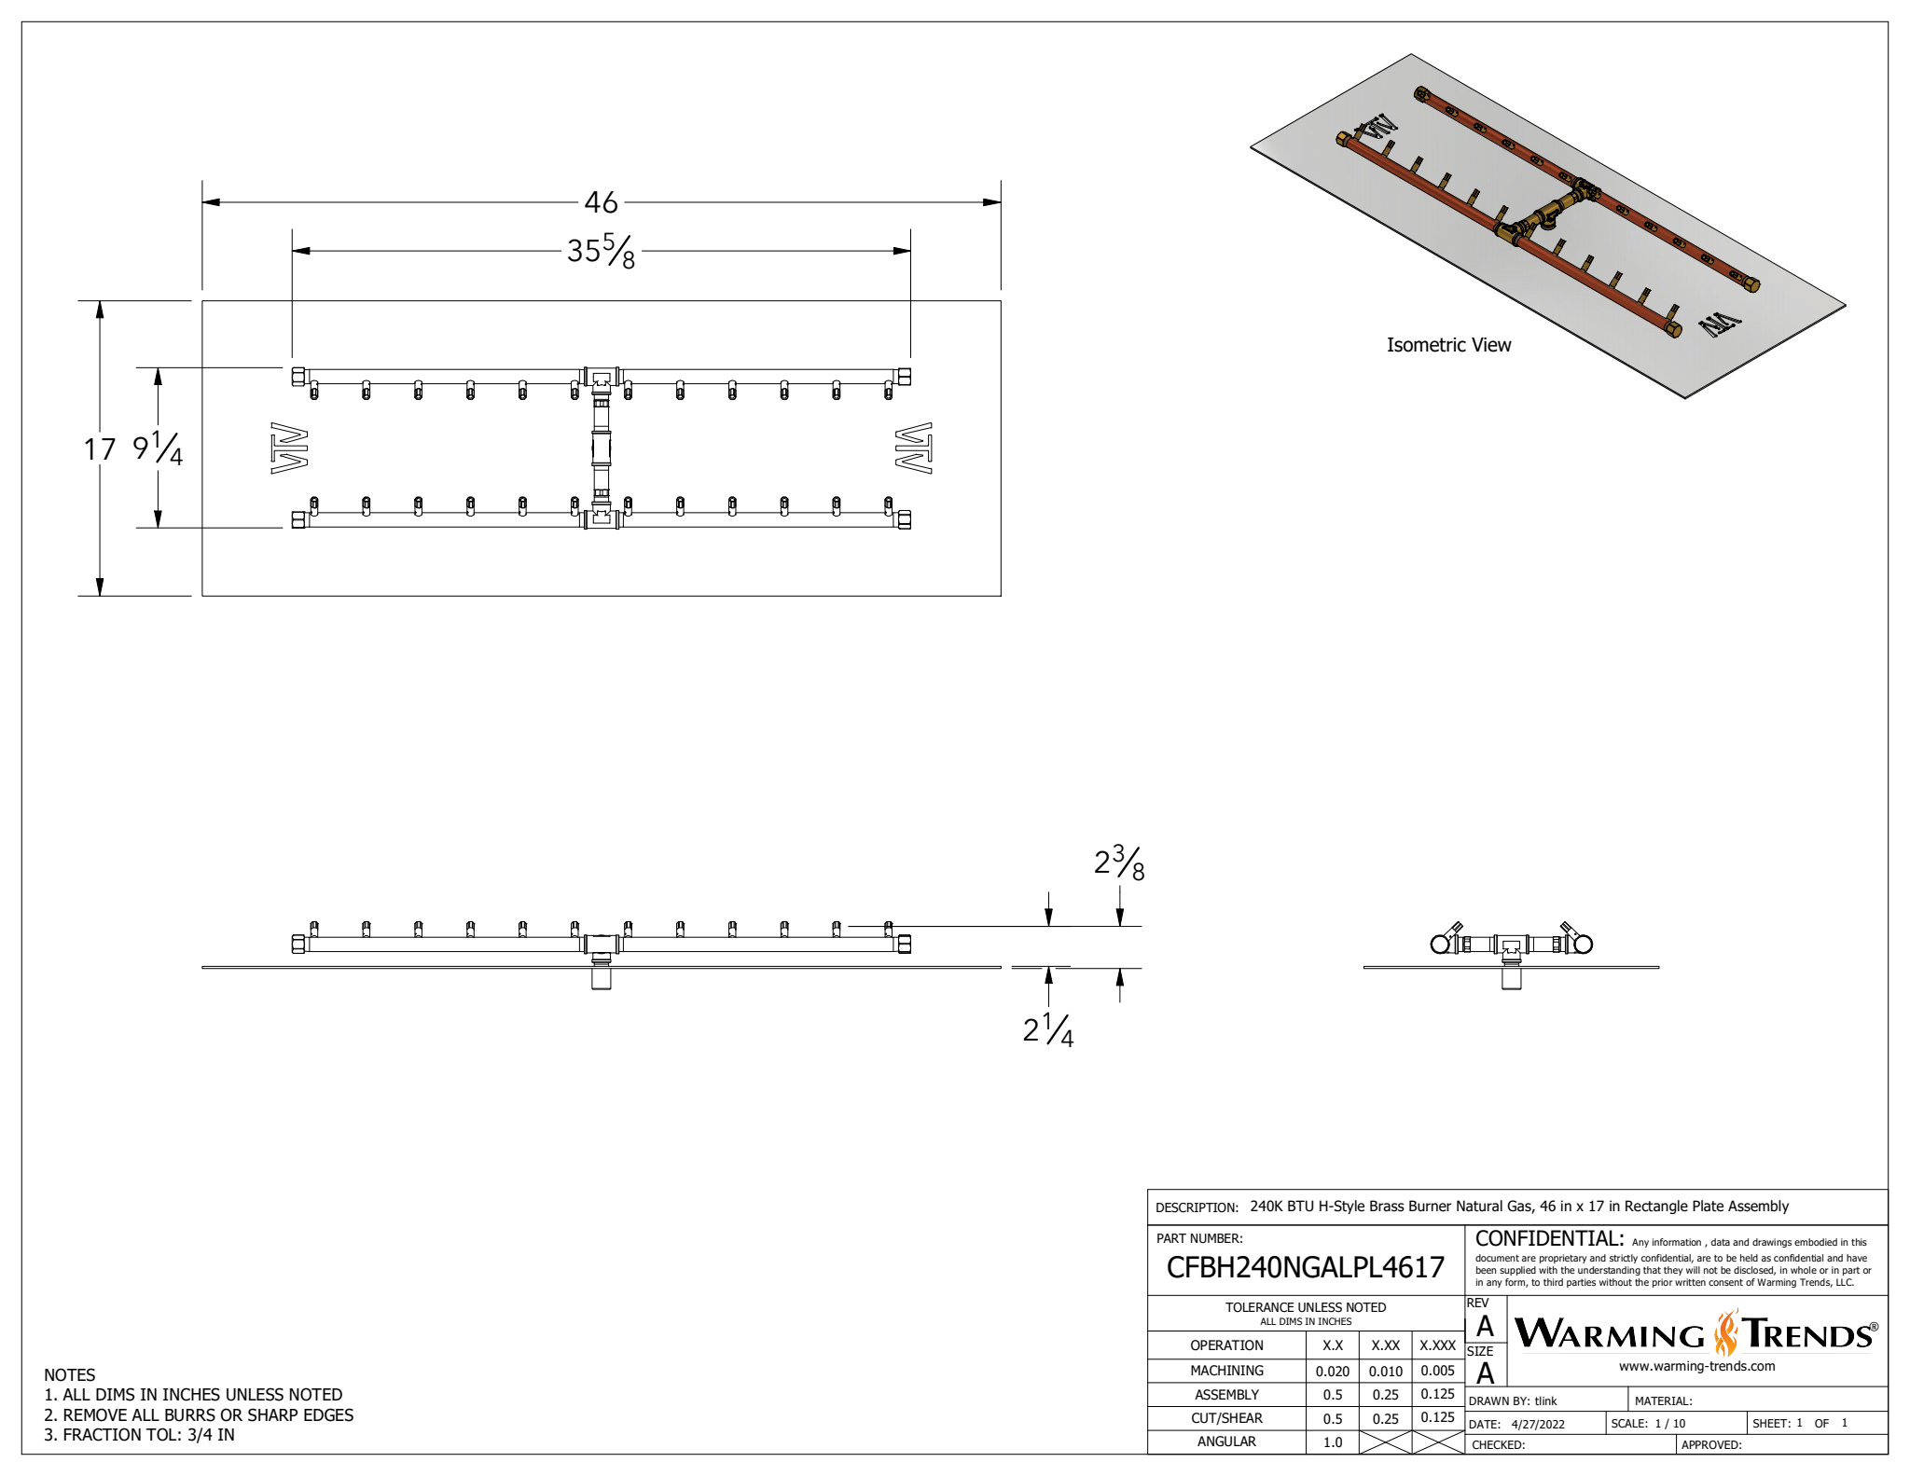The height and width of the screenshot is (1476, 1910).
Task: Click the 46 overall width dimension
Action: coord(601,202)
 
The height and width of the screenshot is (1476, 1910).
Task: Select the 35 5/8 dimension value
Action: coord(601,251)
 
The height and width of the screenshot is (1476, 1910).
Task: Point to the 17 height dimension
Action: coord(100,449)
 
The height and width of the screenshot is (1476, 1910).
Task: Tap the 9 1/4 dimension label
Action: coord(158,448)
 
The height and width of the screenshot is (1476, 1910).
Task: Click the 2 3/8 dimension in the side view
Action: coord(1119,863)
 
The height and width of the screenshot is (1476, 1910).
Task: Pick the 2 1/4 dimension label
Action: coord(1048,1029)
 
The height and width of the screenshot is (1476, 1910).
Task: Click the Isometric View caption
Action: coord(1448,345)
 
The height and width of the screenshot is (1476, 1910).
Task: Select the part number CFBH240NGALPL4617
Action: coord(1305,1267)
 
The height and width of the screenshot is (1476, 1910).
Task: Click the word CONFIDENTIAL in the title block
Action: coord(1549,1239)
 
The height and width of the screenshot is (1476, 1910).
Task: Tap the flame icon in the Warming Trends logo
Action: coord(1726,1332)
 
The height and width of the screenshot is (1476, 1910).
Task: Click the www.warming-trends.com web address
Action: coord(1696,1366)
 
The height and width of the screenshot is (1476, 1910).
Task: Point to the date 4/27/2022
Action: coord(1538,1424)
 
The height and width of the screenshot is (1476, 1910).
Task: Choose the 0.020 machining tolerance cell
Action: coord(1333,1371)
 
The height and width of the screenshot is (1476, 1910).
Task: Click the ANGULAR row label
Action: coord(1226,1442)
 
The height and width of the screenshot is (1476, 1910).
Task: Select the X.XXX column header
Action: coord(1437,1345)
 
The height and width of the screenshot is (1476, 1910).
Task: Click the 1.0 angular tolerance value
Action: coord(1333,1442)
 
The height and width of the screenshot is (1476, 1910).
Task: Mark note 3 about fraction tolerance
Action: coord(140,1435)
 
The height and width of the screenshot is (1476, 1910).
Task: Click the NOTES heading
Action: coord(70,1375)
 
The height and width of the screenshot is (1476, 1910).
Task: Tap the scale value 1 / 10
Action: coord(1670,1424)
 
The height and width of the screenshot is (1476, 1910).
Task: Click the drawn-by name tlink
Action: coord(1546,1400)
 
